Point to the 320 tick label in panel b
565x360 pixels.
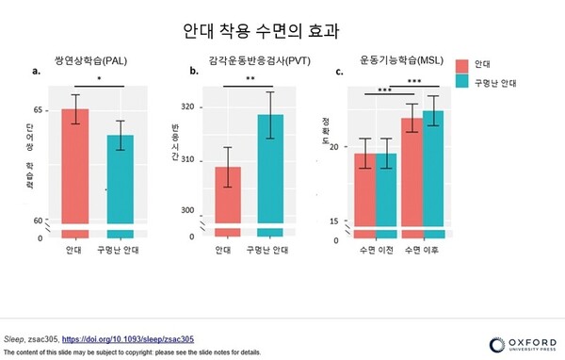188,107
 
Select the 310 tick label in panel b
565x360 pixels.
188,159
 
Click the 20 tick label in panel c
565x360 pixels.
334,147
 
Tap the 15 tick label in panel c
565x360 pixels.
334,221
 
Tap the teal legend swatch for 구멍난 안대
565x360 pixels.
463,83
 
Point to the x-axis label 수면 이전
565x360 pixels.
375,250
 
